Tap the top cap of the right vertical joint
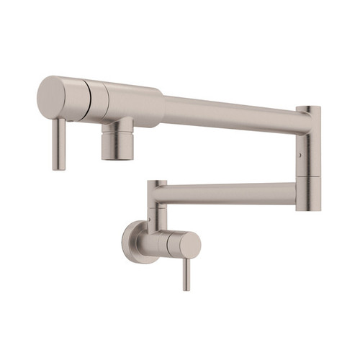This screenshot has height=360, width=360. click(x=308, y=109)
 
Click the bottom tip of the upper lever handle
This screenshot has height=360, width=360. click(x=59, y=168)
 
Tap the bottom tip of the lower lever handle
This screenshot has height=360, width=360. click(x=186, y=288)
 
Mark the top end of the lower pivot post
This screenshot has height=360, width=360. click(x=156, y=183)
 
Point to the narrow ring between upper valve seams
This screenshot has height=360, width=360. click(x=93, y=102)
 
